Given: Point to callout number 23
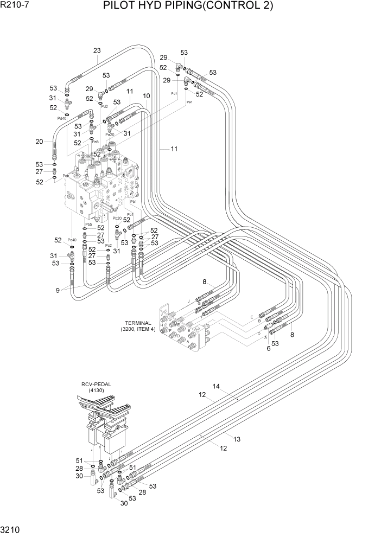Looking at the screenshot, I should click(x=97, y=51).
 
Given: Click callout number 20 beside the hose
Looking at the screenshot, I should click(x=39, y=142).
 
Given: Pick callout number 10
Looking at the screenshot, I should click(x=147, y=96).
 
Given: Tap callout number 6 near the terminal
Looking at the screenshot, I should click(x=268, y=349).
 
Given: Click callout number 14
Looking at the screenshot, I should click(x=216, y=387).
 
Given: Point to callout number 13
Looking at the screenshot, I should click(x=237, y=438).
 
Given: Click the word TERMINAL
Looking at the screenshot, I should click(x=136, y=323).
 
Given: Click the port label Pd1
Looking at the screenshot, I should click(x=174, y=93).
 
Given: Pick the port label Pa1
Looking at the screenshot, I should click(x=189, y=102).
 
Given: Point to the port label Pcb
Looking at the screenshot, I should click(x=66, y=176).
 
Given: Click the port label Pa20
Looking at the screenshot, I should click(x=110, y=134).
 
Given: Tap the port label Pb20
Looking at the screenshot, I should click(x=117, y=217).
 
